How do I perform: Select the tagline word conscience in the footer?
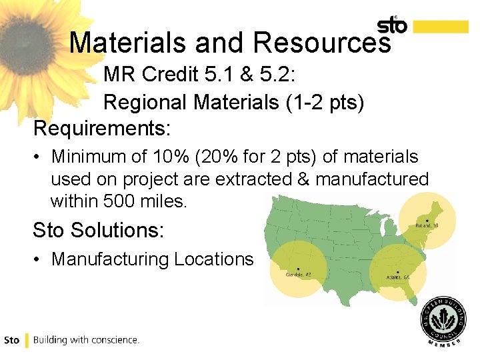tap(115, 340)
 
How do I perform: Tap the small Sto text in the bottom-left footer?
tap(11, 340)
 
